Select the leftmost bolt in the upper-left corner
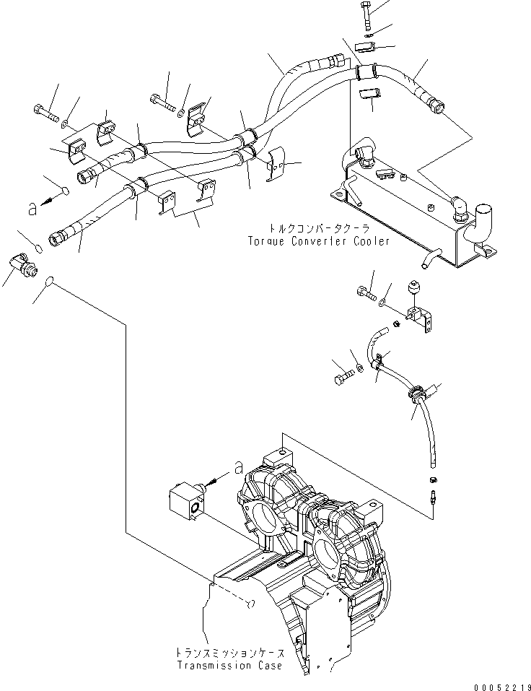pos(44,113)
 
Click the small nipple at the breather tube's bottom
pos(433,496)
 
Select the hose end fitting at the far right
pos(437,108)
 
